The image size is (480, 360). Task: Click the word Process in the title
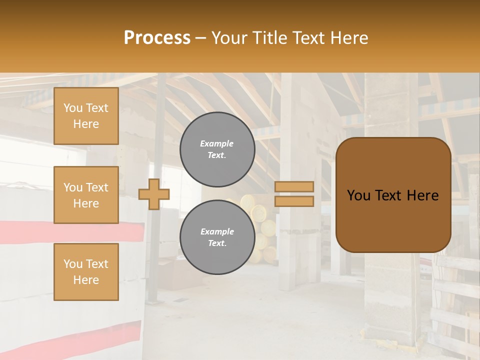pos(157,38)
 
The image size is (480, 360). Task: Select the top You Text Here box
pos(86,116)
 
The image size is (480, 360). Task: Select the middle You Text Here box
pos(86,195)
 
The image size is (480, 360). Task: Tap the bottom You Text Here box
pos(86,271)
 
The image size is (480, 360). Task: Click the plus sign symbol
pos(154,194)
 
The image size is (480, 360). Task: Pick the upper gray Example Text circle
pos(217,149)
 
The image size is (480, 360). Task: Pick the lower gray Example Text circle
pos(217,237)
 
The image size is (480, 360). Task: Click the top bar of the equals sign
pos(294,186)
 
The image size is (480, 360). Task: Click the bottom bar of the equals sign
pos(294,201)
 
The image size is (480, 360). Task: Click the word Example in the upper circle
pos(216,143)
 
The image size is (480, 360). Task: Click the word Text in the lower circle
pos(217,243)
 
